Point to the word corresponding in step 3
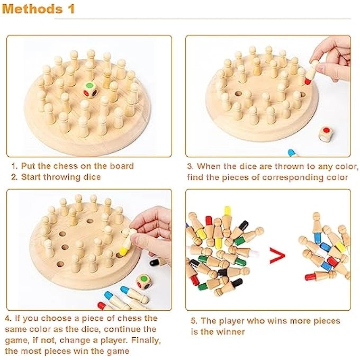tap(289, 177)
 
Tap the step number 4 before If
tap(8, 318)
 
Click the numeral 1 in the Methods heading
tap(70, 9)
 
